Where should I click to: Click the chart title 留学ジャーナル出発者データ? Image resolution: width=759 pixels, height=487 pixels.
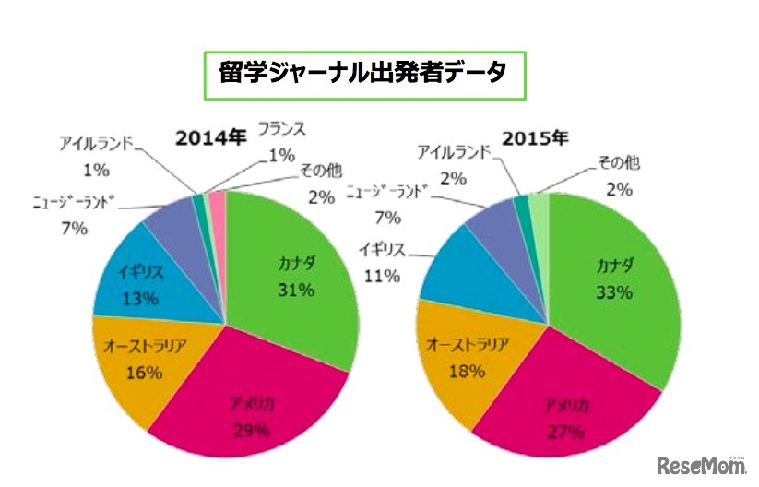coord(363,72)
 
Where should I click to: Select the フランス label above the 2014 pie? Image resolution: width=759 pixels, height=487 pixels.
coord(281,128)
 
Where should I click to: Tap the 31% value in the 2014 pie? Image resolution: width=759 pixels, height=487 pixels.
coord(296,291)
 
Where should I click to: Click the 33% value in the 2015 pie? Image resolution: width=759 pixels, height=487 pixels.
coord(613,292)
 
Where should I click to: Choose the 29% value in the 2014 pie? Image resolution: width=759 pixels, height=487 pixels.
coord(249,430)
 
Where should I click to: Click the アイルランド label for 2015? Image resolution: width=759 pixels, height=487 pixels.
coord(454,151)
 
